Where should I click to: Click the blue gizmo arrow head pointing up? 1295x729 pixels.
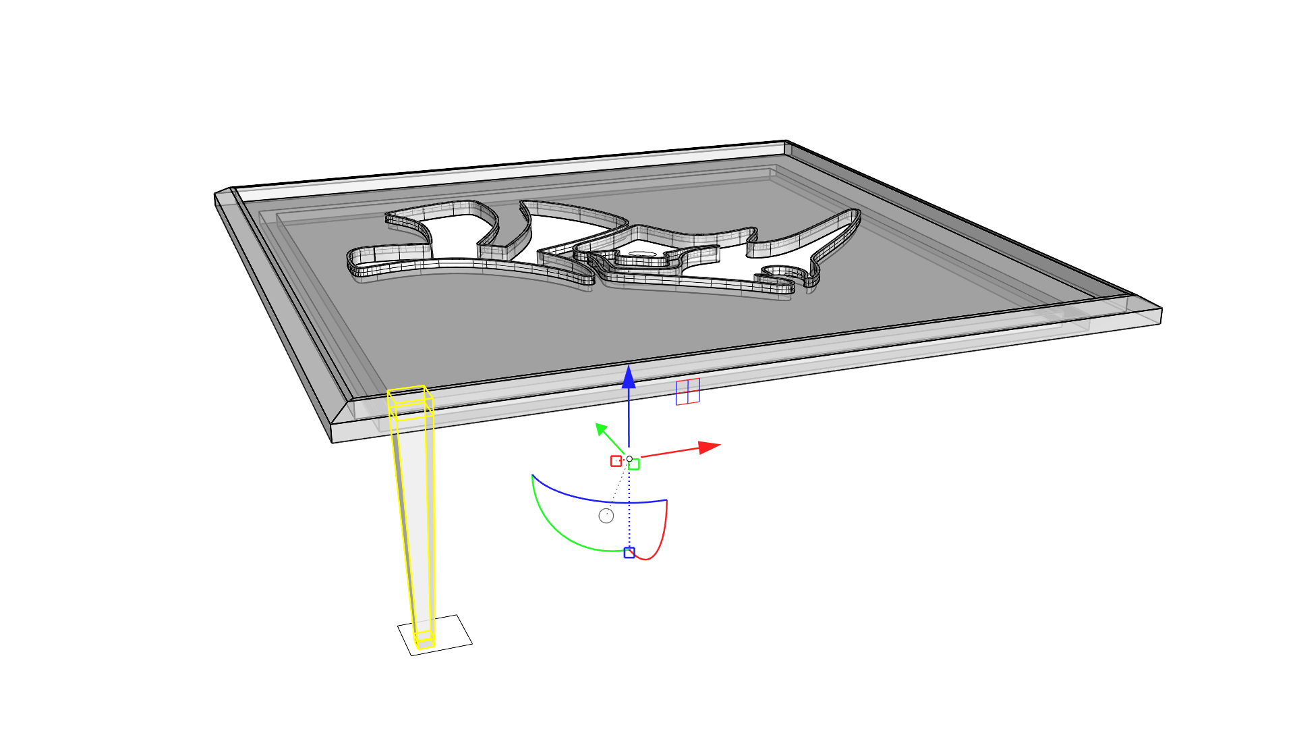[629, 377]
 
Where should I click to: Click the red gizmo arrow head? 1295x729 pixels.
[709, 447]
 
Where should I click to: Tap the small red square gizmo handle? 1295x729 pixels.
[616, 461]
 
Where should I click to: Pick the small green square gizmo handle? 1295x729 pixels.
[634, 464]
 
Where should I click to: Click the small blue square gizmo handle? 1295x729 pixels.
[629, 553]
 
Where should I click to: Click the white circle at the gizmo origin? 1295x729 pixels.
[629, 459]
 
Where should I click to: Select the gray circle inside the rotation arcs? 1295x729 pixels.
[606, 516]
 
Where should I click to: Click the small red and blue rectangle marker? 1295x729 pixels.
[687, 391]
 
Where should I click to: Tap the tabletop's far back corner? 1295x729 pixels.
[786, 141]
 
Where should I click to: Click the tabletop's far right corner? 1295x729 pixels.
[1161, 310]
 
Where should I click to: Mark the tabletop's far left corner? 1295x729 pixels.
[216, 194]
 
